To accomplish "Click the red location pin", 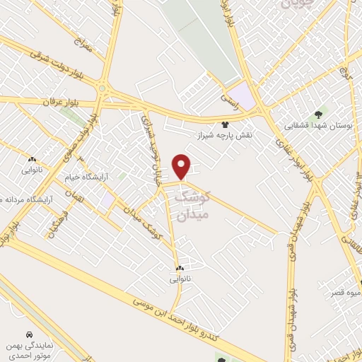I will point(182,167).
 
